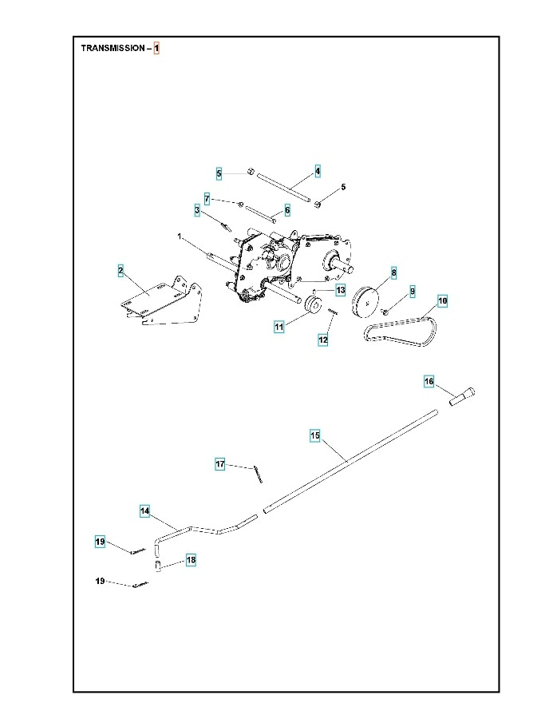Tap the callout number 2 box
pos(120,271)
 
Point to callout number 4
pos(317,171)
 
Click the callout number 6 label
pos(287,209)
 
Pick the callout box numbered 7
pos(207,198)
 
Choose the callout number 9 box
pos(413,292)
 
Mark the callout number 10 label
pos(442,301)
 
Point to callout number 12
pos(323,340)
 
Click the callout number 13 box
pos(340,290)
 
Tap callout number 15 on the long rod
pos(315,435)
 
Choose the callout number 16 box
pos(429,382)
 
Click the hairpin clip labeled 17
pos(258,474)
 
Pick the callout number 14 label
pos(144,510)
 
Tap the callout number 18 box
pos(191,560)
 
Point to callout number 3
pos(196,210)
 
